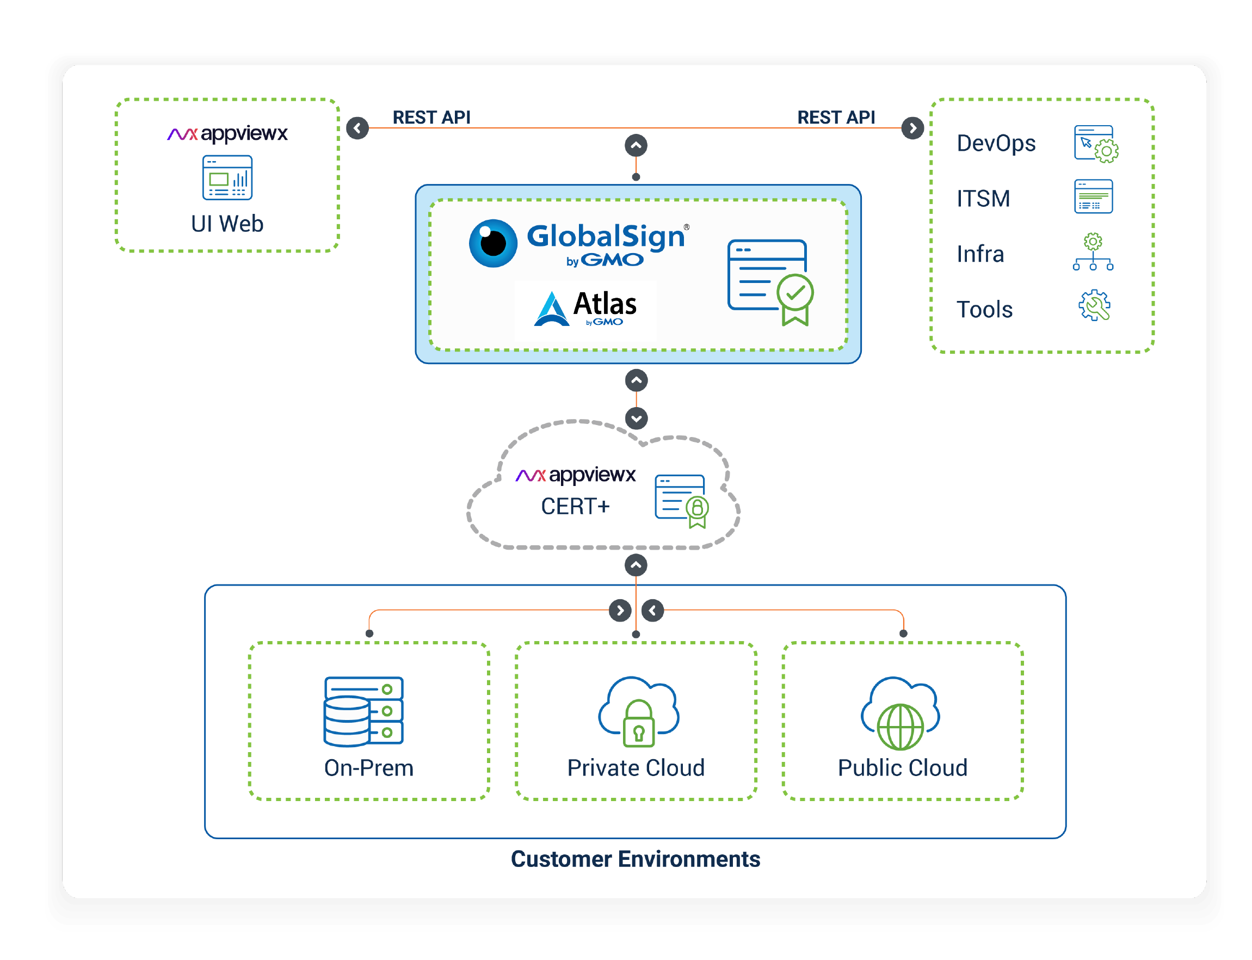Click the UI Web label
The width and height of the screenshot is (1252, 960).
tap(227, 224)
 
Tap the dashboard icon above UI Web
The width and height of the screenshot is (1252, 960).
tap(227, 178)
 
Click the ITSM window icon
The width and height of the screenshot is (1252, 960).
tap(1093, 196)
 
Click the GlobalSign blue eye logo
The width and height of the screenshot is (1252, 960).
tap(493, 243)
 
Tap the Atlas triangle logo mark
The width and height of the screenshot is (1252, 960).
tap(551, 309)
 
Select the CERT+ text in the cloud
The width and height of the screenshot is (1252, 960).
tap(575, 506)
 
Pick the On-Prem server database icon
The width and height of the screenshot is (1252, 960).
tap(364, 711)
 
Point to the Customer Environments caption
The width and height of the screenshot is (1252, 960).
tap(636, 859)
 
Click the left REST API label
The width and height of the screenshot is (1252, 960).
tap(431, 117)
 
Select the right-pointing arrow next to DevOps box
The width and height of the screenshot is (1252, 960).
tap(912, 128)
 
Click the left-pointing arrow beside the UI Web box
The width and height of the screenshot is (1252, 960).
tap(357, 128)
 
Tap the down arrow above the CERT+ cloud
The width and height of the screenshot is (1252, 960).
tap(636, 419)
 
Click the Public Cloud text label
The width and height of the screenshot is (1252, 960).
tap(903, 768)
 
